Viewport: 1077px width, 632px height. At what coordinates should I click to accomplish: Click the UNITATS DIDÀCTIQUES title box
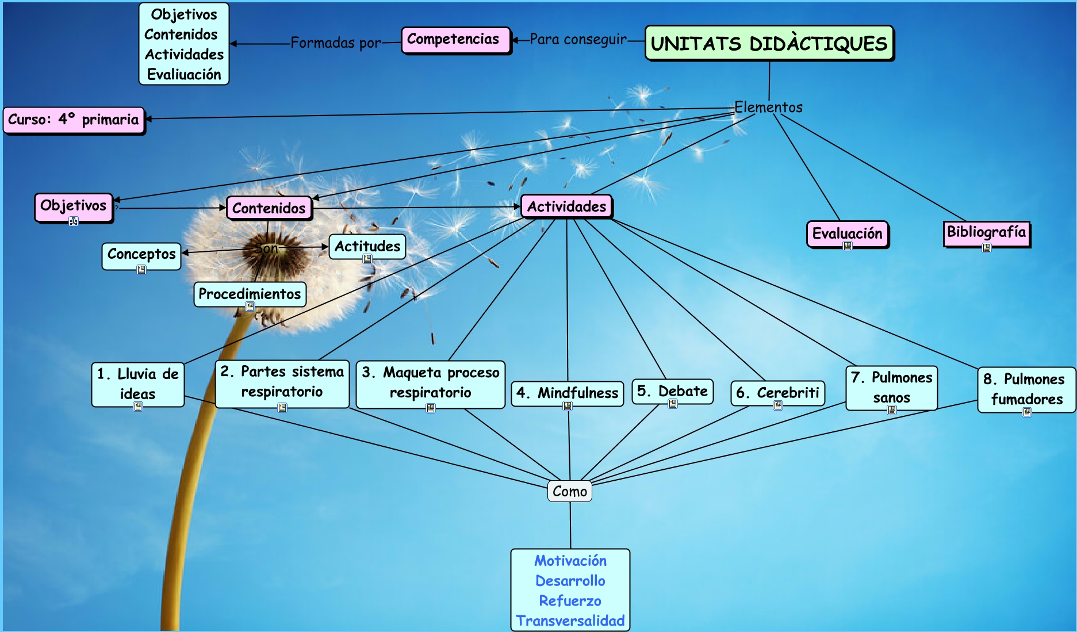click(769, 43)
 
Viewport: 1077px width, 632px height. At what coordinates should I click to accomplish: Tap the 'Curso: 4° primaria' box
click(74, 120)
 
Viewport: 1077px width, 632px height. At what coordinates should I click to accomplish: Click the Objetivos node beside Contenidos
click(73, 206)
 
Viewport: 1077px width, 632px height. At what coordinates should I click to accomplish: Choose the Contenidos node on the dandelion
click(269, 208)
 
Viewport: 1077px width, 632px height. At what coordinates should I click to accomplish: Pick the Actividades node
click(566, 206)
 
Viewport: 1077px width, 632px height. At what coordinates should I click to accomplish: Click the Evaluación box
click(847, 233)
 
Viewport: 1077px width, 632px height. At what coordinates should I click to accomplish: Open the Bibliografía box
click(986, 232)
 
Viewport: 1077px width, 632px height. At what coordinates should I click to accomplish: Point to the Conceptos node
click(141, 254)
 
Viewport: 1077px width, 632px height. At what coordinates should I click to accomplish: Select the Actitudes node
click(367, 246)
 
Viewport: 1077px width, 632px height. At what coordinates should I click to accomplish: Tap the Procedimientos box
click(250, 294)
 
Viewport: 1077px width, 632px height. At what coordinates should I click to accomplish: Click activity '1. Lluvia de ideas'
click(138, 384)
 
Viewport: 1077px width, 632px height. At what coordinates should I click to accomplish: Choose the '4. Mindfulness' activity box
click(567, 393)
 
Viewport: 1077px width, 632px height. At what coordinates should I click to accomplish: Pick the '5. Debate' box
click(672, 391)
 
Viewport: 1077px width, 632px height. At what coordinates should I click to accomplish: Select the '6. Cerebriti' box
click(777, 393)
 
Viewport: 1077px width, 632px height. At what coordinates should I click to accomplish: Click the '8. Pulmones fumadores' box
click(1026, 389)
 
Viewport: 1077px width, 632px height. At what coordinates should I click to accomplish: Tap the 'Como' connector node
click(570, 491)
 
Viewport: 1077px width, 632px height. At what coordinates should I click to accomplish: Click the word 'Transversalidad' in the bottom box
click(570, 621)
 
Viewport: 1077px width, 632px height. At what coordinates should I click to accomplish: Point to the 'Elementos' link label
click(768, 108)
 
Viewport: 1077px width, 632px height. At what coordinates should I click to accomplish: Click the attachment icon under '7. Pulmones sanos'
click(892, 410)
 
